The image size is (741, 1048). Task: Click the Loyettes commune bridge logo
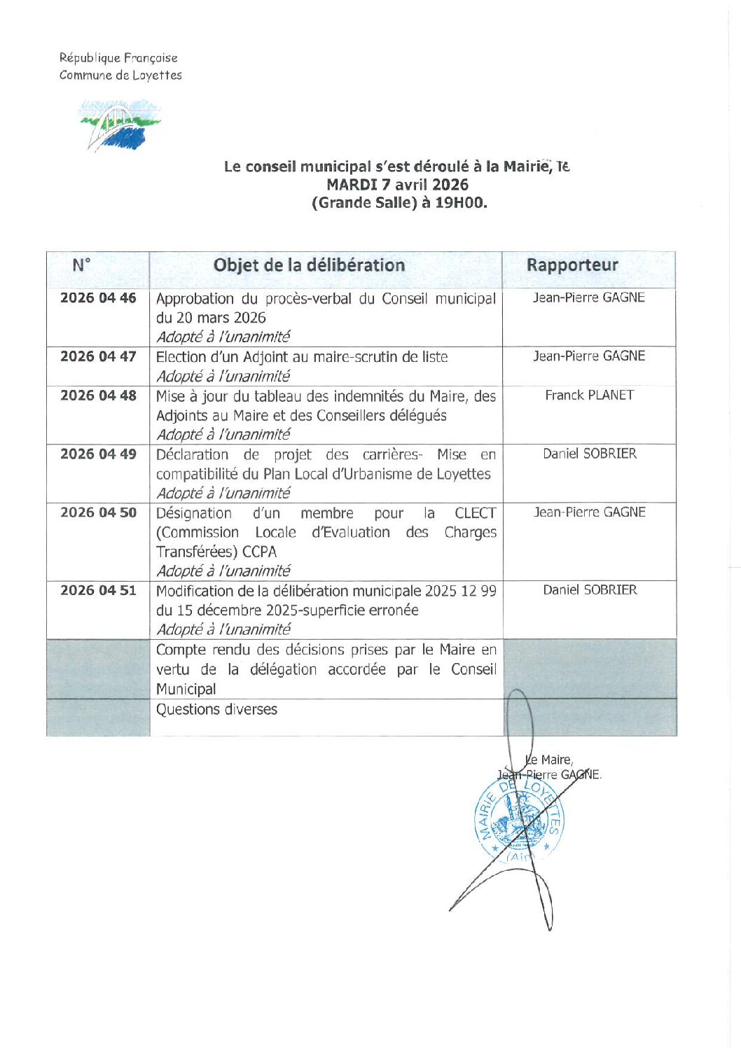(x=119, y=125)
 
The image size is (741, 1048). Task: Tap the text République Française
(x=118, y=58)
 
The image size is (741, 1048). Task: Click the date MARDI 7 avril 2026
(x=397, y=185)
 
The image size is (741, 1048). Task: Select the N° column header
(x=82, y=265)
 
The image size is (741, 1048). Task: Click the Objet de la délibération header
(x=309, y=265)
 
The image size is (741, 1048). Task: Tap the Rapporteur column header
(x=572, y=265)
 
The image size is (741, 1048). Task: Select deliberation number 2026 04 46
(x=98, y=298)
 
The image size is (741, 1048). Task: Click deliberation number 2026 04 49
(x=98, y=454)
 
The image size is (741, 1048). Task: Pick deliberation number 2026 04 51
(x=98, y=591)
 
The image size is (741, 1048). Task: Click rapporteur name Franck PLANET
(x=589, y=396)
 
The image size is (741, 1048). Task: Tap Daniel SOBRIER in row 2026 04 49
(x=590, y=454)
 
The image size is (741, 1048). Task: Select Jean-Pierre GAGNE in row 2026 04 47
(x=589, y=356)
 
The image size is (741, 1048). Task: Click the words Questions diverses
(x=216, y=710)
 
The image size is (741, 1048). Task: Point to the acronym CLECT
(x=475, y=513)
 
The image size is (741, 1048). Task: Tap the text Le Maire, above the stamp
(x=550, y=760)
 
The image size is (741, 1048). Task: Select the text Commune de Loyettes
(x=120, y=76)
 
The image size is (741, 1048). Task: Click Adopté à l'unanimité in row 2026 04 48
(x=223, y=435)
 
